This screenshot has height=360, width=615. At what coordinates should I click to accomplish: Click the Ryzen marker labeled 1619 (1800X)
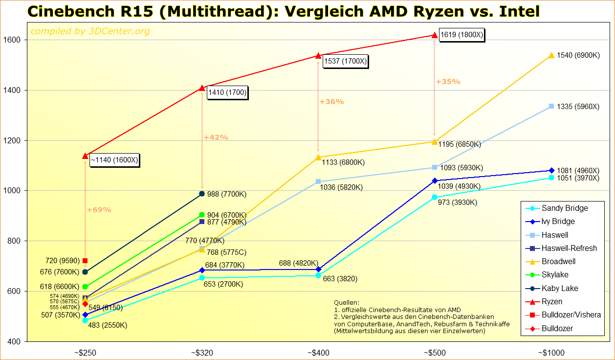point(435,35)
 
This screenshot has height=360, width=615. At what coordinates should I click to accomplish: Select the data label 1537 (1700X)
point(345,61)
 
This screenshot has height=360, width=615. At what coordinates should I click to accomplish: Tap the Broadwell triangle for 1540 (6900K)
point(551,56)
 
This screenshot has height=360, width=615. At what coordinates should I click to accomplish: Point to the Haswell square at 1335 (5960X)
point(551,106)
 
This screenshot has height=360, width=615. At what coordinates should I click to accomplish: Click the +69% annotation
point(99,210)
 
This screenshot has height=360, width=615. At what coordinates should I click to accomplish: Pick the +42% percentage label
point(216,137)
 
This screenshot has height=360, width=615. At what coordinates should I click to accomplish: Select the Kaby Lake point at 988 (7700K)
point(202,194)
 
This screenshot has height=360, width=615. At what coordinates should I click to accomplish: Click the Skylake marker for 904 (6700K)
point(202,215)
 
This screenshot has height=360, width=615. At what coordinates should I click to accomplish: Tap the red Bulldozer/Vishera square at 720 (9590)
point(85,261)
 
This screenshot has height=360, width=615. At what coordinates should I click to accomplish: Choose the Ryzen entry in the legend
point(552,302)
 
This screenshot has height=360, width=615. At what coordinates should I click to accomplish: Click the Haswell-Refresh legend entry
point(569,248)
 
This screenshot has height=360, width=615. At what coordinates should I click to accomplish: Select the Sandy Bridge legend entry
point(565,208)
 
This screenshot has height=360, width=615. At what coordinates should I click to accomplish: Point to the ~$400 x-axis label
point(318,353)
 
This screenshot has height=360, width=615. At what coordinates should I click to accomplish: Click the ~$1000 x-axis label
point(551,353)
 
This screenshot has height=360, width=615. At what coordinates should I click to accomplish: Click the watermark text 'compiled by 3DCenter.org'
point(90,32)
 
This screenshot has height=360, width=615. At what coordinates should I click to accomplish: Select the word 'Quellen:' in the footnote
point(347,303)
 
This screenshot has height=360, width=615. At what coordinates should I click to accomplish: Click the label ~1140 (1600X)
point(114,160)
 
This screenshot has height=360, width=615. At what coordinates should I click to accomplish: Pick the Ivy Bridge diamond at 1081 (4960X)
point(551,171)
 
